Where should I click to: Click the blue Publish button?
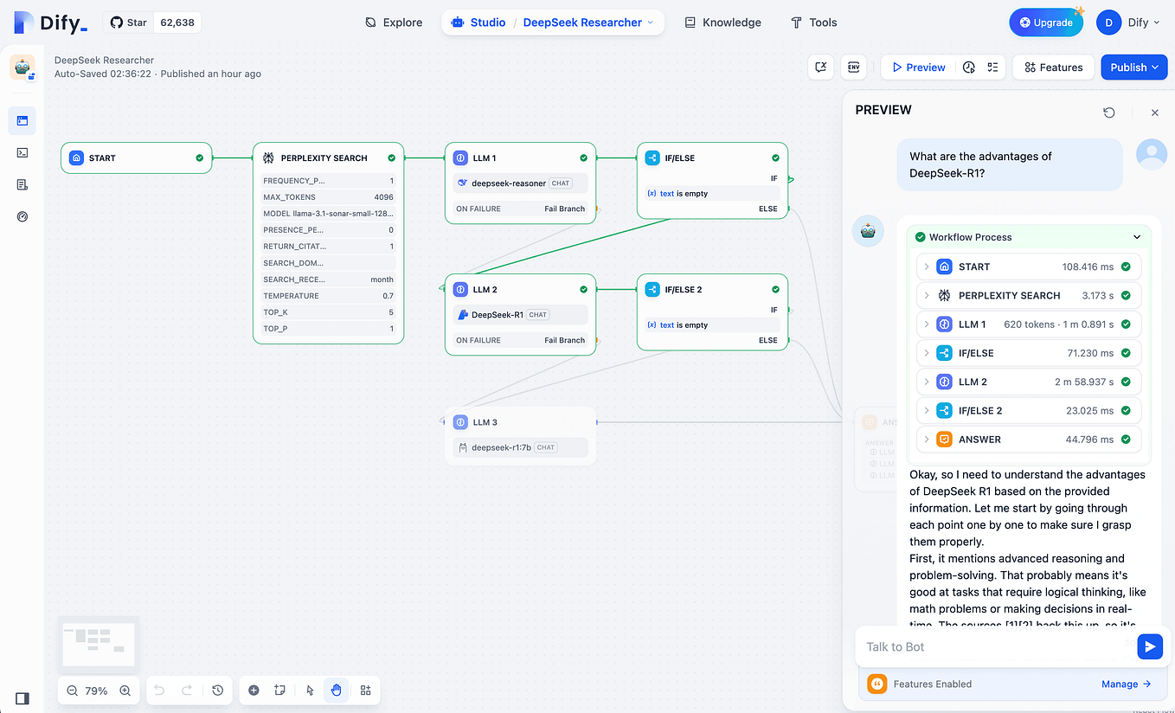(1133, 67)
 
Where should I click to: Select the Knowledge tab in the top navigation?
(722, 22)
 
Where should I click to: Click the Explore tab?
(394, 22)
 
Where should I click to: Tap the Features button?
(1053, 67)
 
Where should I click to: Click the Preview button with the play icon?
(918, 67)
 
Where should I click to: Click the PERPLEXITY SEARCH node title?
(324, 158)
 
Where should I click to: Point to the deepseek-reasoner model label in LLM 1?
(508, 183)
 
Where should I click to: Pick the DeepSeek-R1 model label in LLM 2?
(497, 315)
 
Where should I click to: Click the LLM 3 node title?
(485, 422)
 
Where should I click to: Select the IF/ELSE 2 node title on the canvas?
(684, 290)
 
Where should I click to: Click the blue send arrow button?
(1149, 646)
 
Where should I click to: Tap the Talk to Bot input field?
(995, 646)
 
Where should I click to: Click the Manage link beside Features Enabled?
(1126, 684)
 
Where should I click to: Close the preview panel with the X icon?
(1154, 112)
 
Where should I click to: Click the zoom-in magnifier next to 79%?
(125, 691)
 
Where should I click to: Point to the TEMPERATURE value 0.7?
(388, 296)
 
